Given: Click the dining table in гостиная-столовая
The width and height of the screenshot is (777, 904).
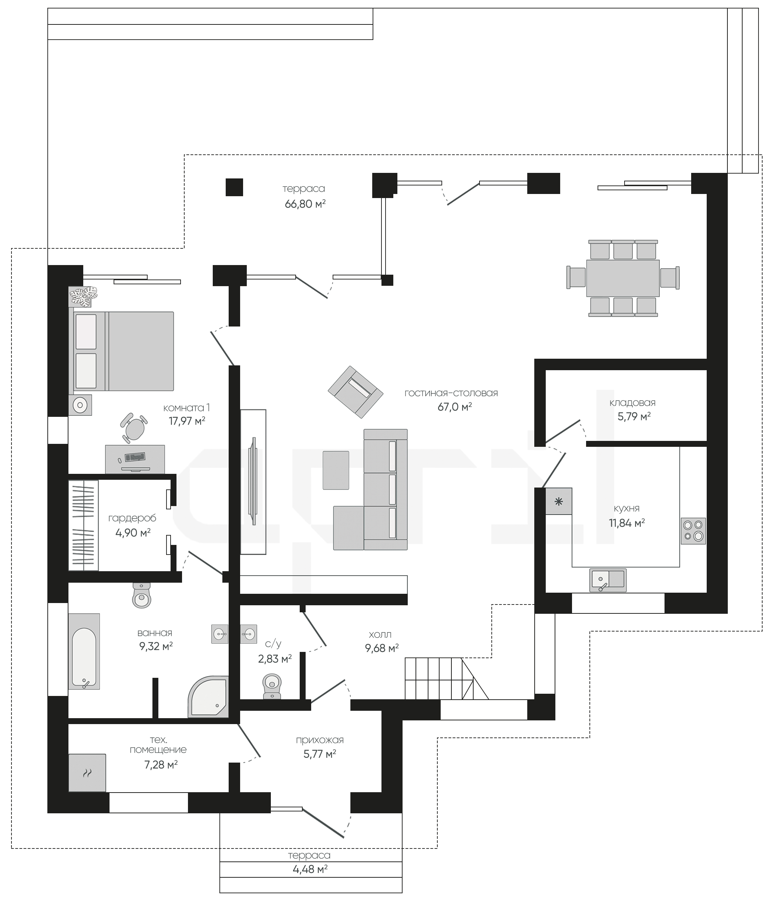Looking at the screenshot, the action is pyautogui.click(x=623, y=278).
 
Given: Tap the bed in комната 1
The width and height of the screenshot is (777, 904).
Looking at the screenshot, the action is pyautogui.click(x=121, y=351).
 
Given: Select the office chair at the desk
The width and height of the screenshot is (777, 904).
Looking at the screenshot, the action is pyautogui.click(x=134, y=428).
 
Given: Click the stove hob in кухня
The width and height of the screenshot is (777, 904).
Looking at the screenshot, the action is pyautogui.click(x=693, y=530).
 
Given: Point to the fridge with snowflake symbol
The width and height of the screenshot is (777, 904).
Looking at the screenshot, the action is pyautogui.click(x=559, y=501).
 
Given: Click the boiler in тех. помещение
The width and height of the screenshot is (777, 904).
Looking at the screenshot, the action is pyautogui.click(x=87, y=773).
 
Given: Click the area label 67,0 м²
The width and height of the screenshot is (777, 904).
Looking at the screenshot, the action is pyautogui.click(x=455, y=407).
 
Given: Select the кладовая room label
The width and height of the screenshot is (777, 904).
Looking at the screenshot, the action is pyautogui.click(x=632, y=403).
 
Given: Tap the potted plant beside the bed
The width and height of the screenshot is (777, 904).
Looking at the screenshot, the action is pyautogui.click(x=83, y=297).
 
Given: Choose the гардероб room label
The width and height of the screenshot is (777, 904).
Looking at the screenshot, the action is pyautogui.click(x=132, y=518).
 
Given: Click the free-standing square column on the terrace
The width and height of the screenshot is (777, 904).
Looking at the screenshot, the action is pyautogui.click(x=234, y=187).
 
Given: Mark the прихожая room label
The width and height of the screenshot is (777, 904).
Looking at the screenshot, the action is pyautogui.click(x=320, y=740).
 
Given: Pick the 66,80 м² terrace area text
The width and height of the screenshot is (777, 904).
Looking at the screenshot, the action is pyautogui.click(x=305, y=204).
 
